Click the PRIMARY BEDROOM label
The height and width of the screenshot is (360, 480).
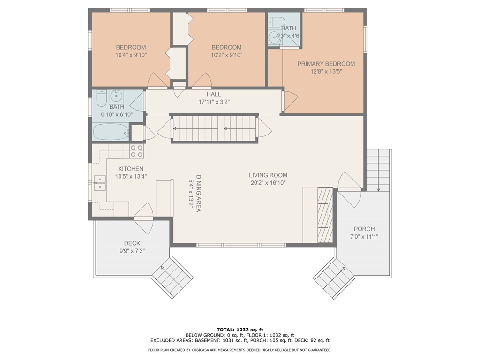[326, 64]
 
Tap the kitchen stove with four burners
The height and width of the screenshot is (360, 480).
[137, 151]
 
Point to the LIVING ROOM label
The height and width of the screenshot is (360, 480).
[268, 175]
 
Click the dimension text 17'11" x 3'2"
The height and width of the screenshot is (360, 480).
[214, 102]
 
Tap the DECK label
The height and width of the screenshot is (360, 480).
[132, 243]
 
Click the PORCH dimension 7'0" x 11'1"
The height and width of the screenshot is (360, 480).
[364, 237]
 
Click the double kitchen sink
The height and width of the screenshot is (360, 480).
[100, 183]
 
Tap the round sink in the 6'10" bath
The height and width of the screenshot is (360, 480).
[116, 96]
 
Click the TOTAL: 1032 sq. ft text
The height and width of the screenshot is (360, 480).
[240, 330]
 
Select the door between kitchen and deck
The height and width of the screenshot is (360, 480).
[143, 218]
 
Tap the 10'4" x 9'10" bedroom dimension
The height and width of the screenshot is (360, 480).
[131, 55]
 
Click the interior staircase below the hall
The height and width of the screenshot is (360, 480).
[214, 128]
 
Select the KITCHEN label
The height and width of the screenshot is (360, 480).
[131, 169]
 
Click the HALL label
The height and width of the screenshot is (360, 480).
[214, 94]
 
